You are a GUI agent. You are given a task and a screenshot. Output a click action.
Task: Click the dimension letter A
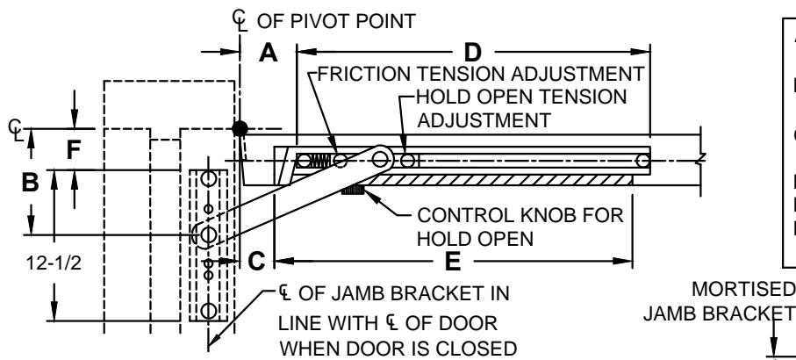(x=269, y=53)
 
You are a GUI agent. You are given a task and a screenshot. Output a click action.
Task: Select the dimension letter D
(x=472, y=53)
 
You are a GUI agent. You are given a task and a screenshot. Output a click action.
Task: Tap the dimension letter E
(x=452, y=262)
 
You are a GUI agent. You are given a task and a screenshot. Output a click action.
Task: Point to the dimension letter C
(x=256, y=262)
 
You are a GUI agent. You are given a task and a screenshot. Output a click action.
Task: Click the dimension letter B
(x=30, y=183)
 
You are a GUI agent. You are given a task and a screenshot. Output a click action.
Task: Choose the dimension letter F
(x=74, y=150)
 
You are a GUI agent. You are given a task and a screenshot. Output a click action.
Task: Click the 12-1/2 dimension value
(x=54, y=263)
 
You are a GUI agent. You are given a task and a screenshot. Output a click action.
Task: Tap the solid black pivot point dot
(x=240, y=129)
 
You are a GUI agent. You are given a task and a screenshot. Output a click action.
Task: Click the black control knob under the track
(x=352, y=191)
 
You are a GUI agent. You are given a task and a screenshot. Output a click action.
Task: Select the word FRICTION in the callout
(x=363, y=74)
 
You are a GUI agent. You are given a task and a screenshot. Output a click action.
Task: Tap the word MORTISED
(x=743, y=289)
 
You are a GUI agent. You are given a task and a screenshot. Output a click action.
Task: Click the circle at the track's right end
(x=642, y=161)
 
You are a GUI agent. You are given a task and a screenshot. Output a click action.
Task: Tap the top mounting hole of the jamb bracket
(x=208, y=179)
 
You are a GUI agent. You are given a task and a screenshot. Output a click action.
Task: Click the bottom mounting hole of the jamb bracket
(x=208, y=310)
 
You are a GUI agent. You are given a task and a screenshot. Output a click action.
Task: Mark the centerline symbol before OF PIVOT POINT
(x=240, y=21)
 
